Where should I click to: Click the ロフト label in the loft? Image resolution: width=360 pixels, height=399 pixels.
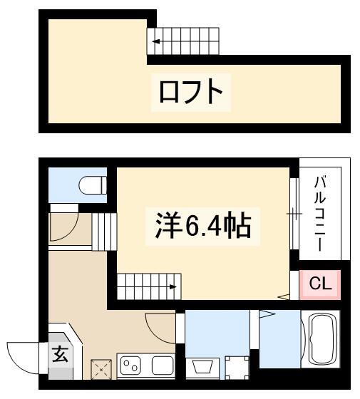[x=191, y=92]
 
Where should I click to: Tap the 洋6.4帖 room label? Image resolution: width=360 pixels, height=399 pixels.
[x=203, y=225]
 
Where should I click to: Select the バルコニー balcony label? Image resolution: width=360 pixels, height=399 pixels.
[x=320, y=214]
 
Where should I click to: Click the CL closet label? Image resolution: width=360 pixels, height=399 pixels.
[x=320, y=284]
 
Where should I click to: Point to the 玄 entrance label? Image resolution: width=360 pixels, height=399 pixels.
[x=60, y=354]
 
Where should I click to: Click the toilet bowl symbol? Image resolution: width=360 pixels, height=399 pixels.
[x=93, y=185]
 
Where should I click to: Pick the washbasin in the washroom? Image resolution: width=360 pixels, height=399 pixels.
[x=202, y=367]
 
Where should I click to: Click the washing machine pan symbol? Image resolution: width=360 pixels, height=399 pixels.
[x=237, y=368]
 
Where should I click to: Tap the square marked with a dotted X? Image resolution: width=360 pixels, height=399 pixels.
[x=101, y=369]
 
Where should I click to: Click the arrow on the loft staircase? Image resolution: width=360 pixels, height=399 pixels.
[x=156, y=41]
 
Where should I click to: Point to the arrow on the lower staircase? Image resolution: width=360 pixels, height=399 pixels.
[x=173, y=287]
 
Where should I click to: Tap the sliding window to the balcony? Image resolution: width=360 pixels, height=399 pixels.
[x=294, y=214]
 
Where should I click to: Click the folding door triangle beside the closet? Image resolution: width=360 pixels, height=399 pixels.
[x=284, y=296]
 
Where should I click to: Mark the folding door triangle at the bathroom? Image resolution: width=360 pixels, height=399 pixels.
[x=267, y=314]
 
